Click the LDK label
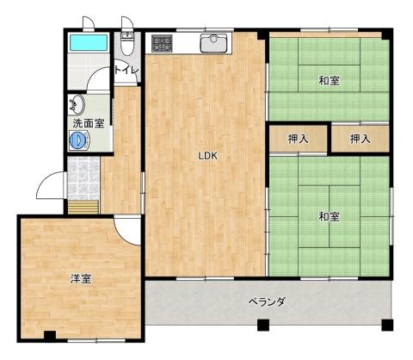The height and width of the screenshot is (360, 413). pyautogui.click(x=208, y=156)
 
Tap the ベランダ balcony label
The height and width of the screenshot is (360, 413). pyautogui.click(x=267, y=301)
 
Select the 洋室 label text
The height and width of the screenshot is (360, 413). pyautogui.click(x=81, y=279)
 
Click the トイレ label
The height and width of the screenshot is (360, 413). pyautogui.click(x=126, y=70)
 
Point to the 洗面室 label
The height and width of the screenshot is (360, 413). pyautogui.click(x=88, y=123)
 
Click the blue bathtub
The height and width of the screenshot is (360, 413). pyautogui.click(x=89, y=43)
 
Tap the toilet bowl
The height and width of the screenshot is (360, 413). pyautogui.click(x=126, y=45)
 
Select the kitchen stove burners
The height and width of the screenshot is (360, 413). pyautogui.click(x=162, y=43)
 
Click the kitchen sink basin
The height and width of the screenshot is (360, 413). pyautogui.click(x=213, y=42)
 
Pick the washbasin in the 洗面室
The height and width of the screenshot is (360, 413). pyautogui.click(x=77, y=104)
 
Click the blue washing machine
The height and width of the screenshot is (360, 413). pyautogui.click(x=79, y=140)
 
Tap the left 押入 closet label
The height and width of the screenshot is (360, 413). pyautogui.click(x=299, y=140)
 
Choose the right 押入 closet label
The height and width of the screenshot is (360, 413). pyautogui.click(x=361, y=140)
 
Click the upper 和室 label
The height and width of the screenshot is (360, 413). pyautogui.click(x=330, y=81)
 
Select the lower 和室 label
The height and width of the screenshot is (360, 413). pyautogui.click(x=330, y=217)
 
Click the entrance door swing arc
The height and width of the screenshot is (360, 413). pyautogui.click(x=43, y=181)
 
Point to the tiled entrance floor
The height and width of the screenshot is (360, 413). pyautogui.click(x=83, y=178)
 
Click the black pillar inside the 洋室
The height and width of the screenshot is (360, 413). pyautogui.click(x=50, y=336)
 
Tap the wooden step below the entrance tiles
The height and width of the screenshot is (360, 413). pyautogui.click(x=83, y=208)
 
